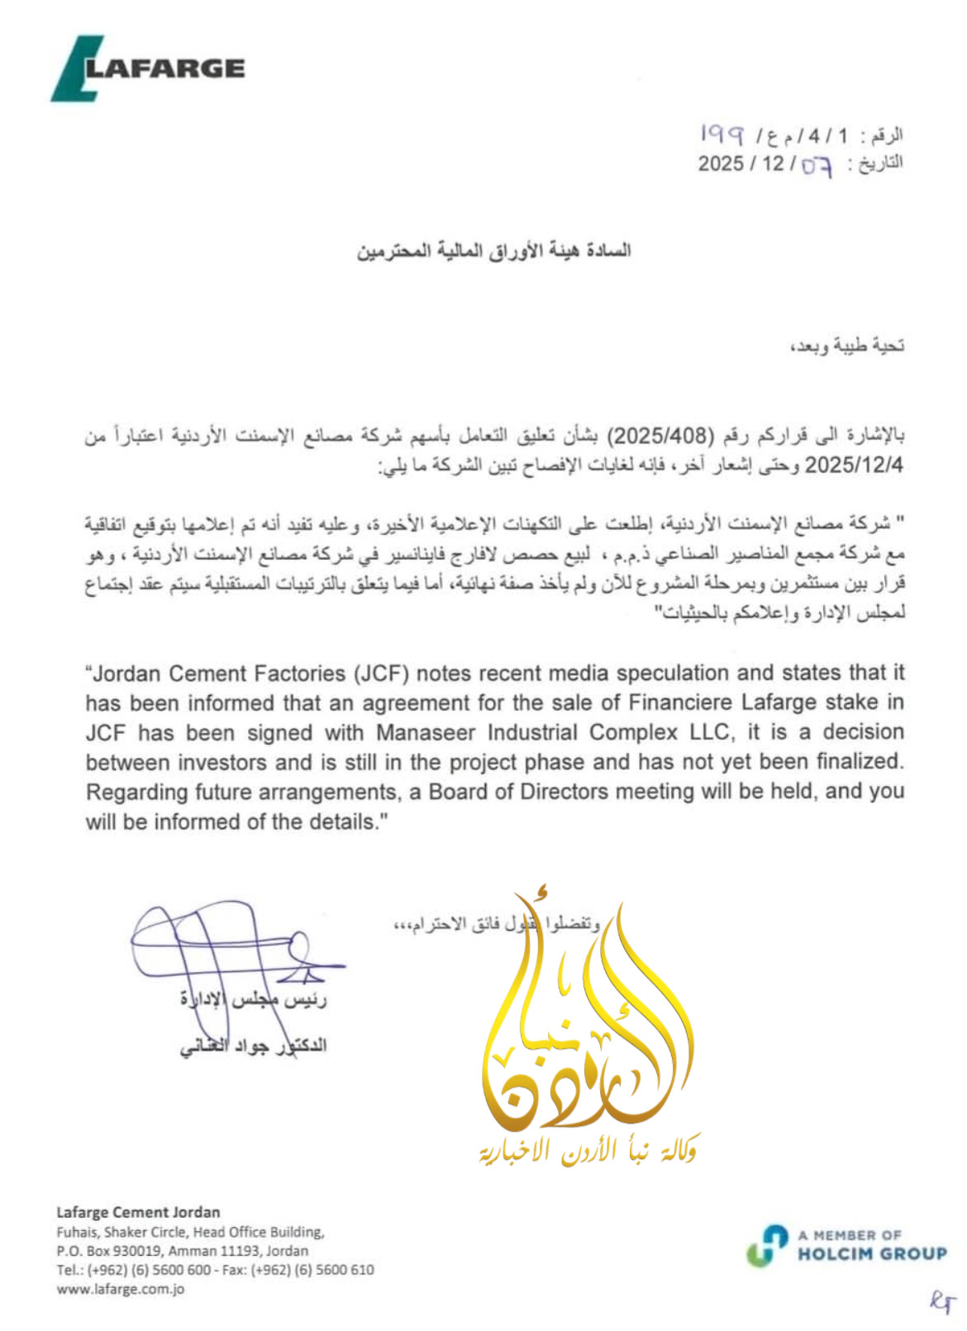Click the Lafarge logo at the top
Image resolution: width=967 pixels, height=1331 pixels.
click(149, 69)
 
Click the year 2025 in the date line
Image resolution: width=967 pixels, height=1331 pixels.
click(721, 163)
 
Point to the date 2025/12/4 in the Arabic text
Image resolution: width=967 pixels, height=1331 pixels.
click(854, 465)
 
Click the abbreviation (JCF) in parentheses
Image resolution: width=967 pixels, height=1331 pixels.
click(382, 674)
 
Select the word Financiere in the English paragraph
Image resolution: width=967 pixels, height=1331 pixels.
click(680, 703)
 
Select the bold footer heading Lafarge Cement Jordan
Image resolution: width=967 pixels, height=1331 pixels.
click(138, 1213)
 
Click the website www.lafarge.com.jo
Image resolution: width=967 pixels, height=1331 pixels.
click(121, 1289)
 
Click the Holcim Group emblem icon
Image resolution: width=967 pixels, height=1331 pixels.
click(767, 1245)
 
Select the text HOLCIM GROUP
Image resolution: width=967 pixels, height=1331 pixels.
click(872, 1254)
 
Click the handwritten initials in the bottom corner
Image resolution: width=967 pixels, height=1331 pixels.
click(941, 1302)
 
